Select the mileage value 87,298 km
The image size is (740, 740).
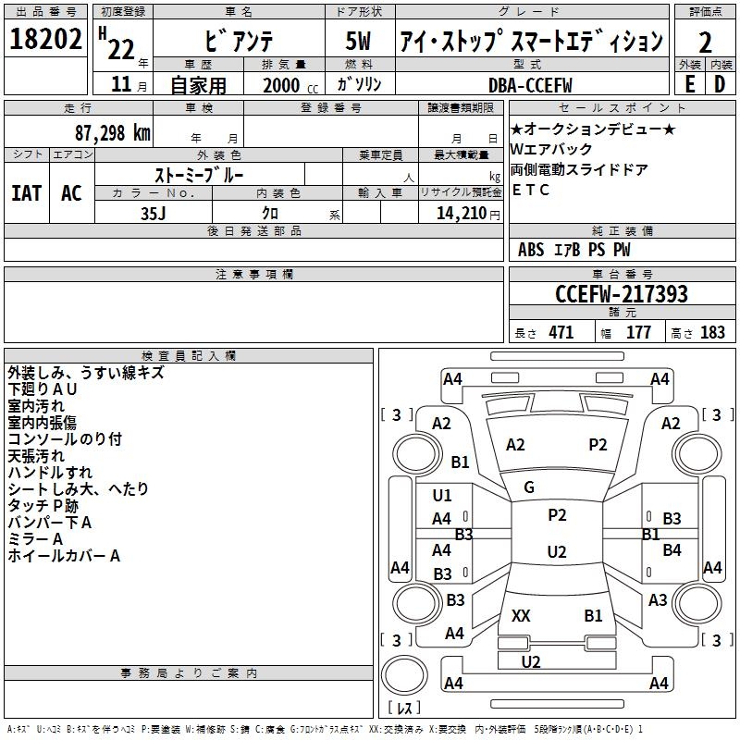point(112,132)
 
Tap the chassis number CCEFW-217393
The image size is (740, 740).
point(622,294)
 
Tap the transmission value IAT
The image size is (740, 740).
point(26,192)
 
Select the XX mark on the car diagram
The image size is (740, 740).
point(521,615)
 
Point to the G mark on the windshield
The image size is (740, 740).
point(529,487)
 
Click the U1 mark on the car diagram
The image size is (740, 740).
point(442,496)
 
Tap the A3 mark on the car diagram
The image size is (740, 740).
point(658,600)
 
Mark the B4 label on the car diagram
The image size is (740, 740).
point(672,550)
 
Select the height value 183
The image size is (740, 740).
point(712,333)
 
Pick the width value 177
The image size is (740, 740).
point(638,333)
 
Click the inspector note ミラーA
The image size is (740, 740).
point(35,539)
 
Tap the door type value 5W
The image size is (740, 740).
point(359,42)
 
